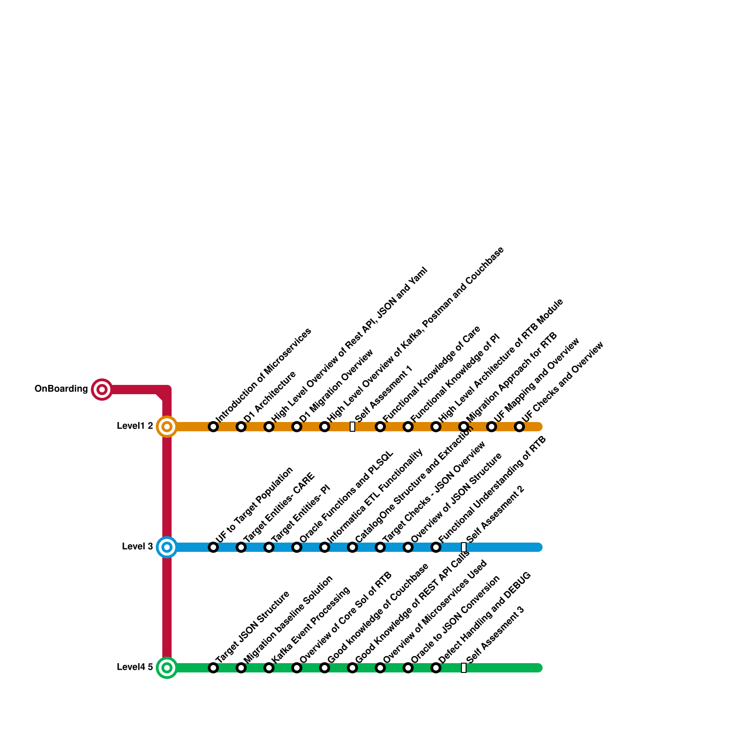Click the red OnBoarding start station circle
(x=102, y=389)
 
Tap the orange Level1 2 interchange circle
(x=167, y=427)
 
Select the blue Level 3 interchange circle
(x=167, y=547)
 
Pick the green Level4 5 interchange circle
(x=167, y=668)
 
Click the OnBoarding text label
(x=61, y=389)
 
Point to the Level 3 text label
(x=137, y=547)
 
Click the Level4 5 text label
(x=135, y=667)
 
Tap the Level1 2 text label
(x=135, y=426)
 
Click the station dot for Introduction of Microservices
(x=213, y=427)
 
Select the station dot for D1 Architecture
(x=241, y=427)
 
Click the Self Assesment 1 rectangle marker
(x=352, y=427)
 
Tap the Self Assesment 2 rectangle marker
(x=464, y=547)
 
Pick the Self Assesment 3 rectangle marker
(x=464, y=668)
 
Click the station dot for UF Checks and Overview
(x=519, y=427)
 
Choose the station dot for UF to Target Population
(x=213, y=547)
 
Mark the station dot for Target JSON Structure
(x=213, y=668)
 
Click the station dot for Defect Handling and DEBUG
(x=436, y=668)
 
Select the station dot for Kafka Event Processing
(x=269, y=668)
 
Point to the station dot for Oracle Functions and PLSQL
(x=297, y=547)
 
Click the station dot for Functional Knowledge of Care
(x=380, y=427)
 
